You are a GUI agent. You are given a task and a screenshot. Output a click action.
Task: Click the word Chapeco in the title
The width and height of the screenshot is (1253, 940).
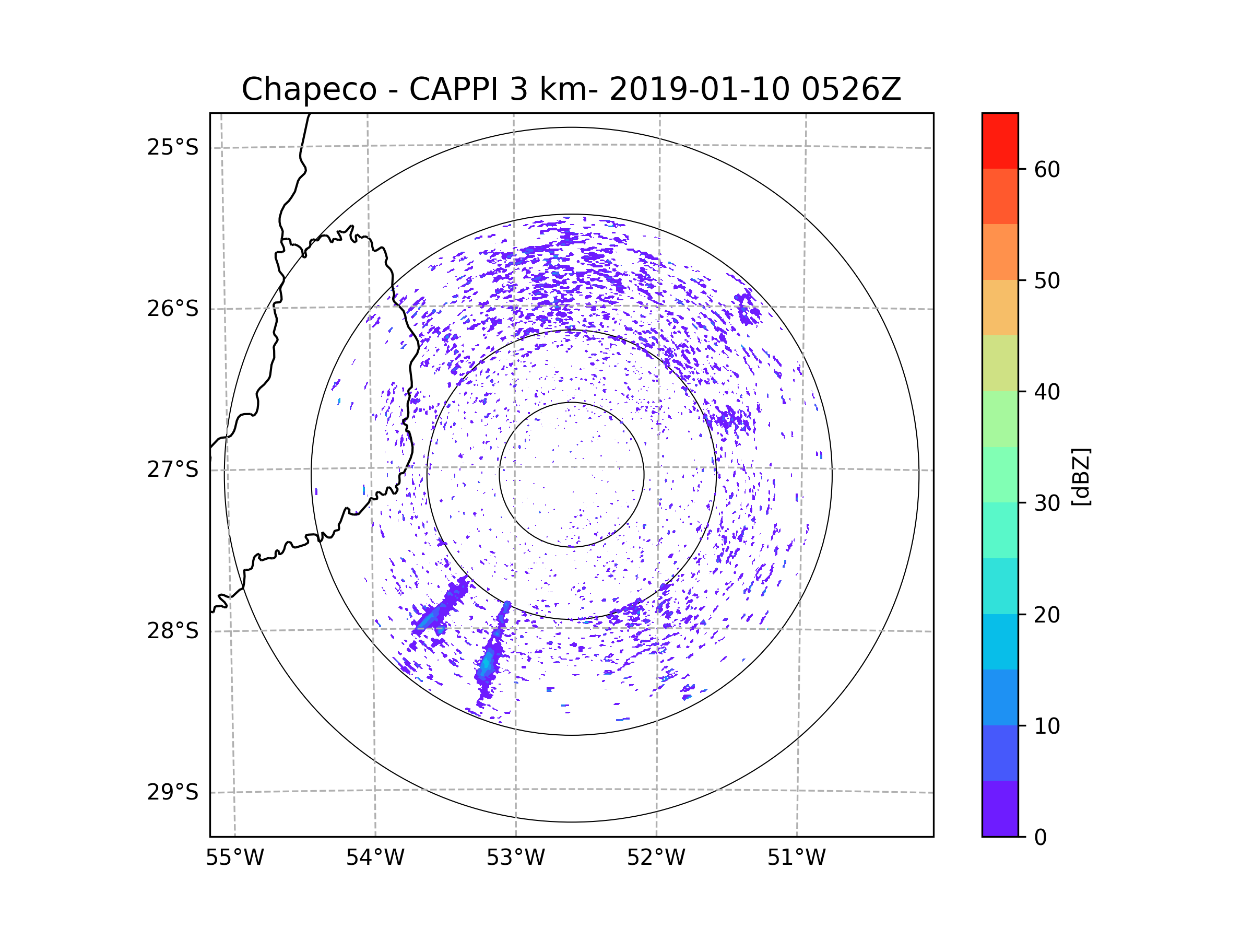[x=309, y=89]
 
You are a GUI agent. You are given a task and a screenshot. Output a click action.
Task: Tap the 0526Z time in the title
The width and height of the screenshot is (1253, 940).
[x=851, y=89]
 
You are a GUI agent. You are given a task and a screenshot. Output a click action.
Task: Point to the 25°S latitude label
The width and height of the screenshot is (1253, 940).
[x=173, y=147]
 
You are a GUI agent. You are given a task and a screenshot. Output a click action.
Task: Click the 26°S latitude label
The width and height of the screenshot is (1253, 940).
[x=173, y=309]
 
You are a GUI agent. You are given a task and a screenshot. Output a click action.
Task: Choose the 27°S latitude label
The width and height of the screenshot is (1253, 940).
[x=173, y=469]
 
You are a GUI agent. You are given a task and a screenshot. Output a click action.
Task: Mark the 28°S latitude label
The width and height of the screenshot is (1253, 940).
[x=173, y=631]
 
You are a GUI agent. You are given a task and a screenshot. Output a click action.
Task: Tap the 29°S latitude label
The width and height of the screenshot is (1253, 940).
[x=173, y=792]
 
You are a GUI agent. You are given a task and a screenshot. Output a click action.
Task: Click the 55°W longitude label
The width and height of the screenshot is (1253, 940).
[x=234, y=858]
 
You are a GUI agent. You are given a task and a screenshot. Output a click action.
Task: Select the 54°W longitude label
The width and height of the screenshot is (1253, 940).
[x=375, y=858]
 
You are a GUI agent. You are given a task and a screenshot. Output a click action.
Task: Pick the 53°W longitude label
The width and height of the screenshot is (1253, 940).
[x=515, y=858]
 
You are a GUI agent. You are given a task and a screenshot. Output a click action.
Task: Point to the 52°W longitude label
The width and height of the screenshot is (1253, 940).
[x=656, y=858]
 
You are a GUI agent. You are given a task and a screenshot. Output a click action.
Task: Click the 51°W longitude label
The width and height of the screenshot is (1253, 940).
[x=796, y=858]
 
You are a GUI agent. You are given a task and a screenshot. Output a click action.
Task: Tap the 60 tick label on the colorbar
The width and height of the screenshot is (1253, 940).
[x=1047, y=169]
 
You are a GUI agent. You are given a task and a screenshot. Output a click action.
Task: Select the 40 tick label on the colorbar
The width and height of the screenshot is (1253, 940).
[x=1047, y=392]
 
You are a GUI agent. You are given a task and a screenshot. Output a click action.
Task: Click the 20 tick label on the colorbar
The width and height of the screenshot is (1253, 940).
[x=1047, y=615]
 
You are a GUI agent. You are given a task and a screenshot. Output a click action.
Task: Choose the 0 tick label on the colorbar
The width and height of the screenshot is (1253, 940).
[x=1041, y=838]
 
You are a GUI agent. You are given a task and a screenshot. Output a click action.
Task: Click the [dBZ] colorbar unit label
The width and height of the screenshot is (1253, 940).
[x=1081, y=476]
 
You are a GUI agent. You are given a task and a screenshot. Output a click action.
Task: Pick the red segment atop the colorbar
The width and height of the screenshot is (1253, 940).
[x=1000, y=140]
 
